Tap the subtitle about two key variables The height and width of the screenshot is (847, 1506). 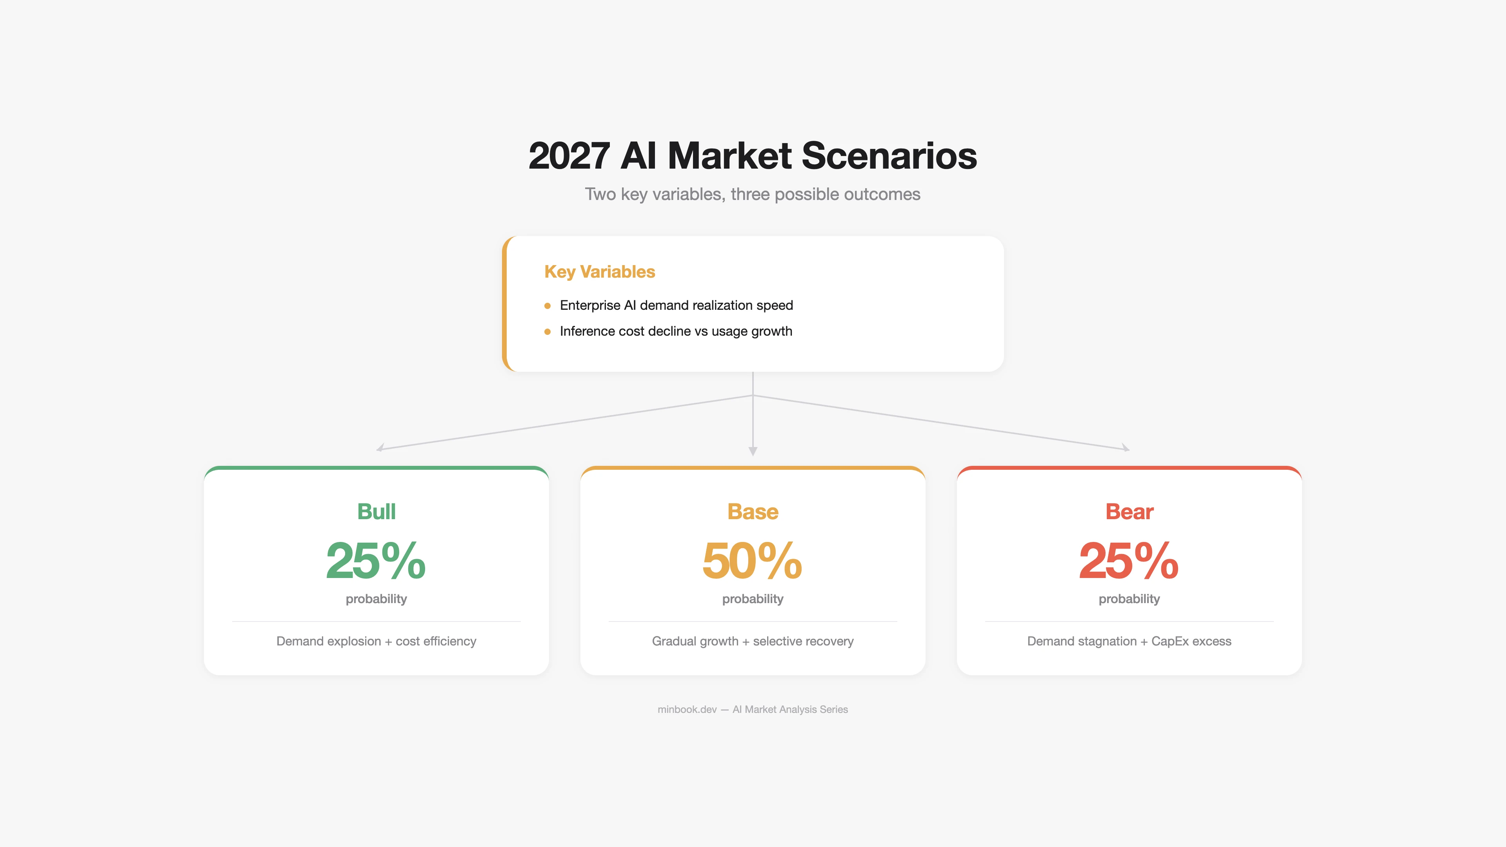[753, 194]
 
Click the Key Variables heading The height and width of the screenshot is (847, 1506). [599, 272]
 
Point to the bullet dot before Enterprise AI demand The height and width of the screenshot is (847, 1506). [547, 306]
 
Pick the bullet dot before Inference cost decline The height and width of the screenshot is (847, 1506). [547, 331]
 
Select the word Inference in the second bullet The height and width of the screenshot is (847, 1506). [587, 331]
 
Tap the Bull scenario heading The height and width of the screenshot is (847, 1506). [376, 511]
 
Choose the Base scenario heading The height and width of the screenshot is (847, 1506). [753, 511]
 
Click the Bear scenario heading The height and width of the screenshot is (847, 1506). [1129, 511]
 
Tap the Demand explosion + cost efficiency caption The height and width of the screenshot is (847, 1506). [376, 641]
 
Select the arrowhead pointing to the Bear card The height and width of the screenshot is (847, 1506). [1126, 448]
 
